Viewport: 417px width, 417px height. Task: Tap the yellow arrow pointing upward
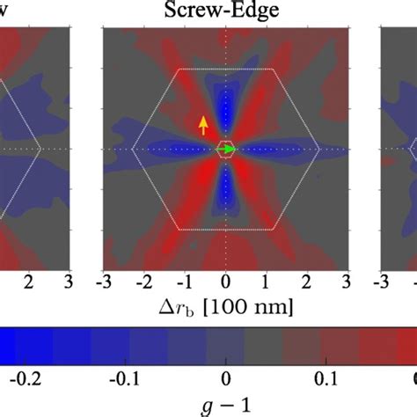click(x=204, y=124)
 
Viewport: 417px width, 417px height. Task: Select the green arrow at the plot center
click(x=227, y=150)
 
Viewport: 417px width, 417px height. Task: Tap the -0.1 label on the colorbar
click(x=127, y=377)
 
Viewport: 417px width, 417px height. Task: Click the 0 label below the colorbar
click(x=226, y=377)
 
